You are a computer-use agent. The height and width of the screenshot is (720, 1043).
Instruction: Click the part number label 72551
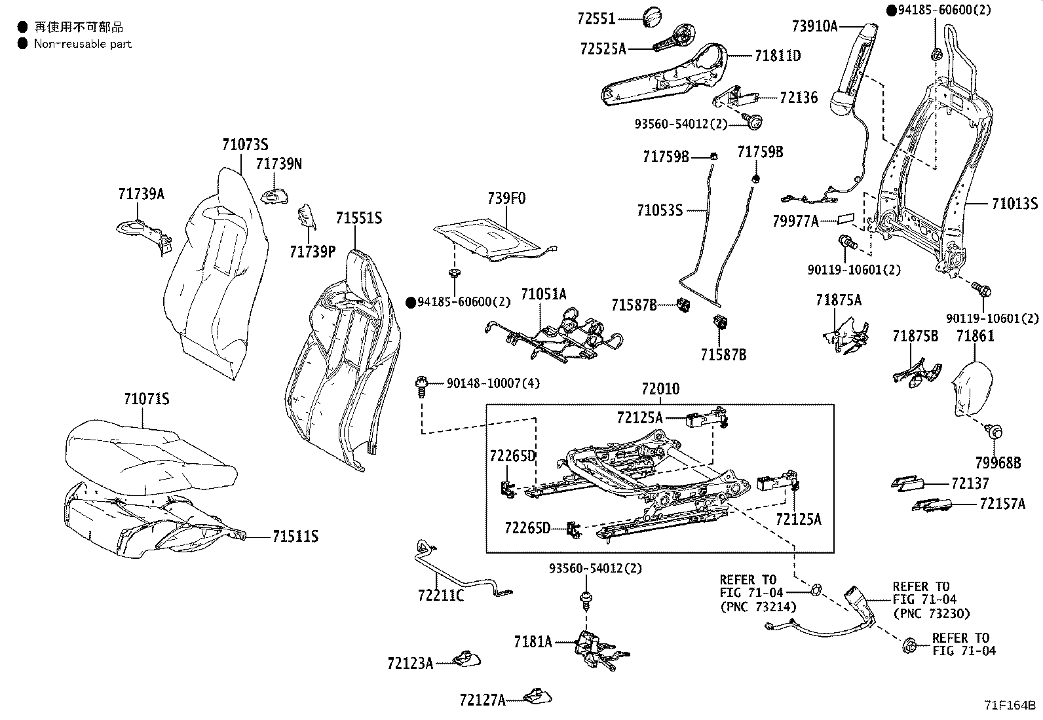coord(596,18)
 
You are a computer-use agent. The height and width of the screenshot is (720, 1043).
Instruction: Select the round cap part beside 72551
coord(652,17)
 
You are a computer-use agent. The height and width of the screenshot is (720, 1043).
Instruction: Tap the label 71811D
coord(778,56)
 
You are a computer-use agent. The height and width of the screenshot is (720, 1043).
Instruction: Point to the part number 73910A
coord(815,26)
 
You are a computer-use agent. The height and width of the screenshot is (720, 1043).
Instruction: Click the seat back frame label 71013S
coord(1015,204)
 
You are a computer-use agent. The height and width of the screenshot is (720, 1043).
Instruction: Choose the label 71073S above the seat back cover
coord(246,144)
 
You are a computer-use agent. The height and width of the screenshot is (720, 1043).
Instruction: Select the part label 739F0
coord(506,199)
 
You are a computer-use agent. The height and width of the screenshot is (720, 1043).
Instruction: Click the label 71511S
coord(295,537)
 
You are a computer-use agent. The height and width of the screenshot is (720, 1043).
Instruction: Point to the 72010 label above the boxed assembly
coord(660,388)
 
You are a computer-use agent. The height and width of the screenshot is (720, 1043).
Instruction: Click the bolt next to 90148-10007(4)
coord(421,387)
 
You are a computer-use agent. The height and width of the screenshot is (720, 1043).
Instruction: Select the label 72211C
coord(441,595)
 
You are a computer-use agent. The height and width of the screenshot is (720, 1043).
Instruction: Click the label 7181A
coord(533,642)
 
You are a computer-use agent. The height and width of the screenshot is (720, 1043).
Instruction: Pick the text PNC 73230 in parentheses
coord(932,613)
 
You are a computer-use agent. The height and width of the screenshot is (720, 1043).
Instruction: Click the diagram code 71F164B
coord(1010,705)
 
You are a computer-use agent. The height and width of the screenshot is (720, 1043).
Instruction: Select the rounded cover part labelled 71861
coord(972,388)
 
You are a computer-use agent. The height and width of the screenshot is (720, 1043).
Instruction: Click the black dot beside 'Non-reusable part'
coord(22,44)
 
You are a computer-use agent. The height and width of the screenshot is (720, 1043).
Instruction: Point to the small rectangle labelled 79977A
coord(846,218)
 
